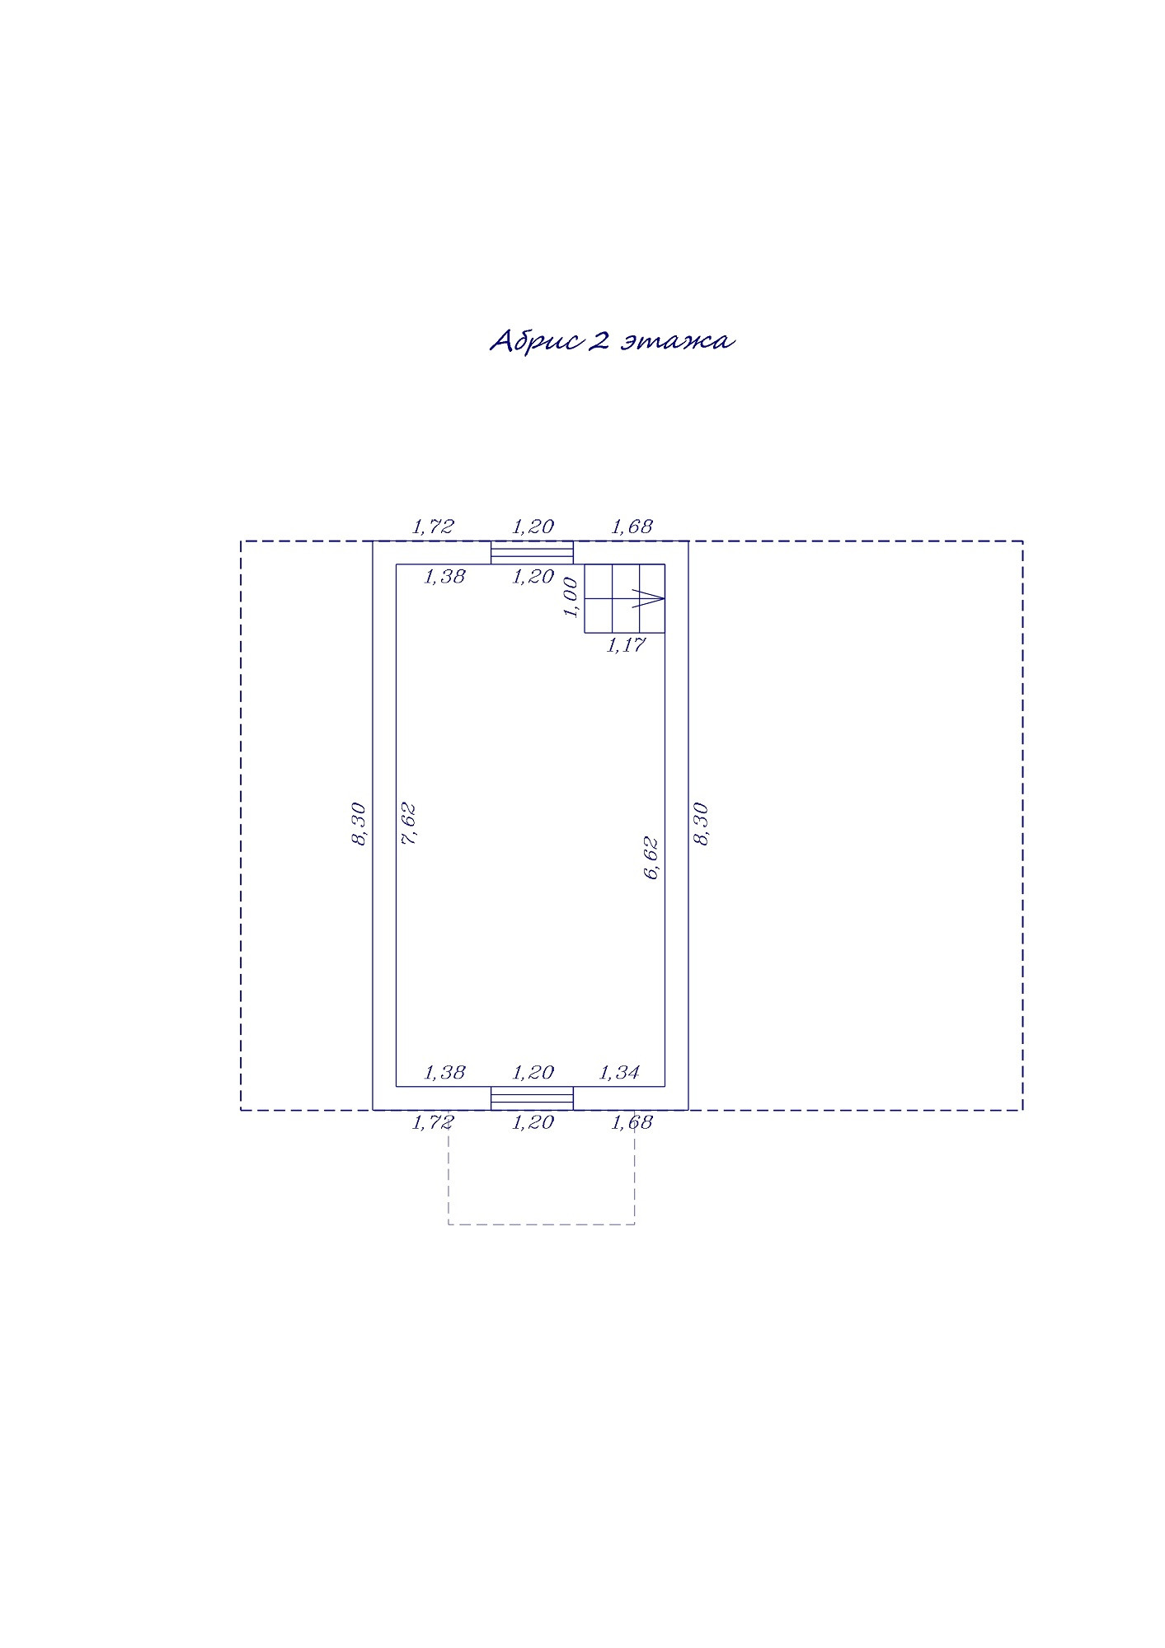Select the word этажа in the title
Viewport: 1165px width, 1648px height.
coord(677,341)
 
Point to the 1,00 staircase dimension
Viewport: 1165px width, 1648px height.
coord(570,597)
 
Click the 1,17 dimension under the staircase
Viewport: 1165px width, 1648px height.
coord(626,645)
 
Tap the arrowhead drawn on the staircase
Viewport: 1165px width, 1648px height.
coord(649,598)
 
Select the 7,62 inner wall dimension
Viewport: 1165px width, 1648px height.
coord(408,823)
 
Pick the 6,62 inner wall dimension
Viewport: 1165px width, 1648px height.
coord(651,858)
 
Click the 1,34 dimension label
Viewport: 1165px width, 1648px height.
coord(619,1072)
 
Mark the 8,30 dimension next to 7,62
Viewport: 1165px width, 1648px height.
coord(359,824)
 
